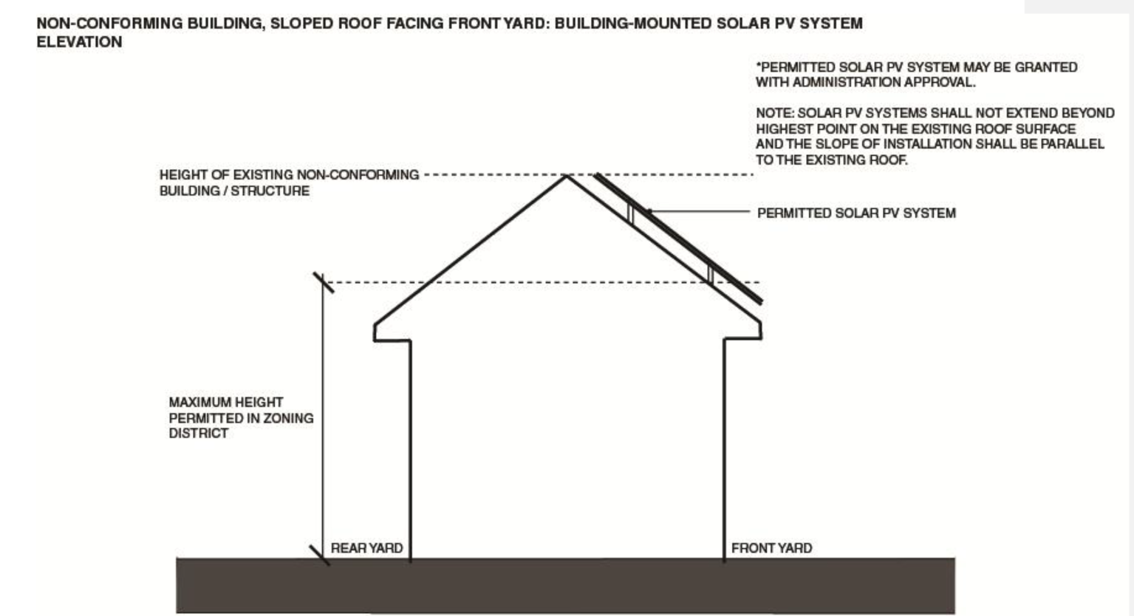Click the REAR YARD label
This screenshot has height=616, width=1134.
tap(366, 548)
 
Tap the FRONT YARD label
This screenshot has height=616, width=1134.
tap(771, 548)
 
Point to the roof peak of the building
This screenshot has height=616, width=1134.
tap(567, 176)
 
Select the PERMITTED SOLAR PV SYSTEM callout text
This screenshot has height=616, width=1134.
tap(856, 213)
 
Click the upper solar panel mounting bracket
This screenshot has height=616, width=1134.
tap(631, 213)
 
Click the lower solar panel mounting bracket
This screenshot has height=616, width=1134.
tap(710, 273)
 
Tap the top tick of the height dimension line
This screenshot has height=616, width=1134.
tap(323, 282)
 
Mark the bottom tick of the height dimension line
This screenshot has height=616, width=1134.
tap(320, 555)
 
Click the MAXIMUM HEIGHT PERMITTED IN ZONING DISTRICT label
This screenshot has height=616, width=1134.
tap(241, 417)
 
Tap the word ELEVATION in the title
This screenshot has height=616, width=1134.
tap(79, 42)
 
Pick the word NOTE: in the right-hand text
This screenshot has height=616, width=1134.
tap(774, 113)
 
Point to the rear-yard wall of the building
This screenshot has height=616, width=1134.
tap(410, 451)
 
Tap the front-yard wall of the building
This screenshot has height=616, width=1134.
tap(724, 451)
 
